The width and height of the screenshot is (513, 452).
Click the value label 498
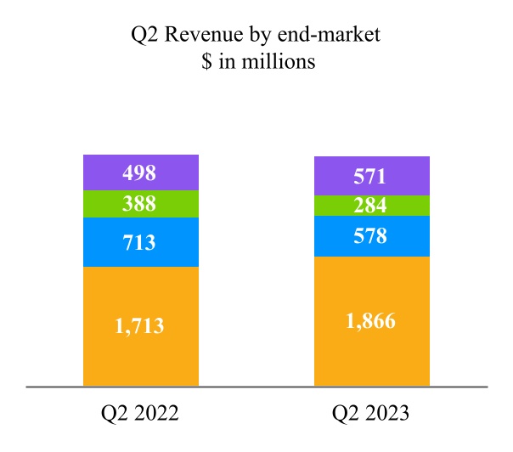coord(140,173)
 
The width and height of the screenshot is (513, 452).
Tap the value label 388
coord(140,204)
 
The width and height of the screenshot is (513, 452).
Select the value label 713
coord(140,243)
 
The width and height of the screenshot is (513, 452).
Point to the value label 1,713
coord(140,325)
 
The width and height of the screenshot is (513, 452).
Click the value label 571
coord(370,177)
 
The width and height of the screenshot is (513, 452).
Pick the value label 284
coord(370,206)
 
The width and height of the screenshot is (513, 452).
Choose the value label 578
coord(370,236)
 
